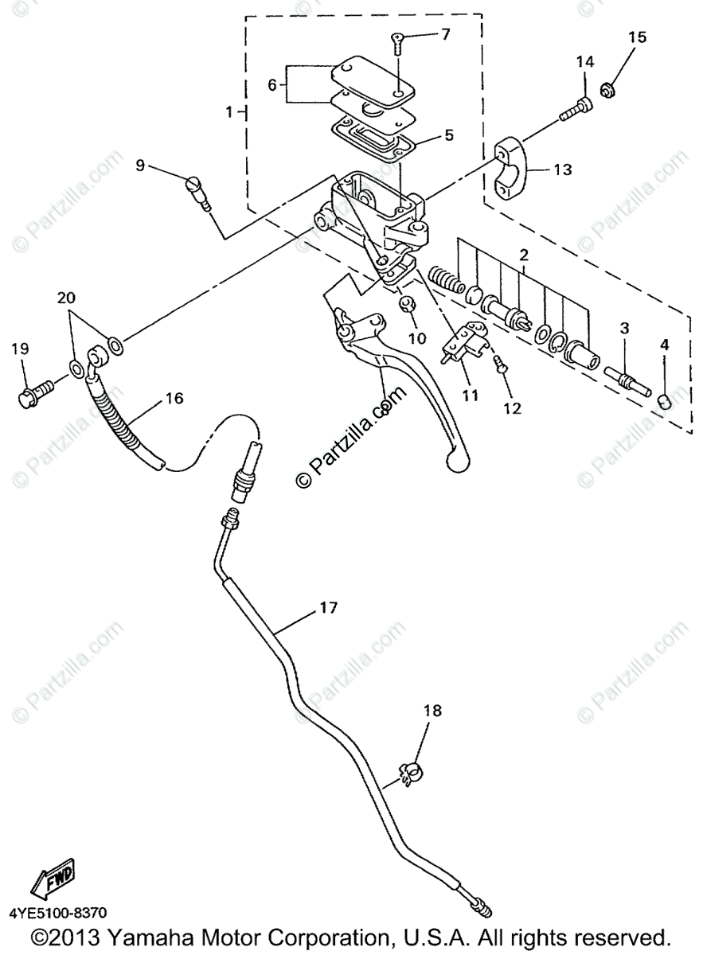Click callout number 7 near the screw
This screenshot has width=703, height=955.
444,34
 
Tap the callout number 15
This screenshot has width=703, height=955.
637,37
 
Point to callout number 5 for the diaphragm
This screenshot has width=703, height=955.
449,135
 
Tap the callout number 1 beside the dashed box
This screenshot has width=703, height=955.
229,112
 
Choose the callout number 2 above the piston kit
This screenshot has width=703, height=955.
523,255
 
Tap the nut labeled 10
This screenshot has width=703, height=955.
405,303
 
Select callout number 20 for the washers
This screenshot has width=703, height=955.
68,298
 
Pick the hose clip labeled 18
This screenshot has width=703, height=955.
409,771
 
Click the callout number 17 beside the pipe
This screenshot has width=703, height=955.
328,608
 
